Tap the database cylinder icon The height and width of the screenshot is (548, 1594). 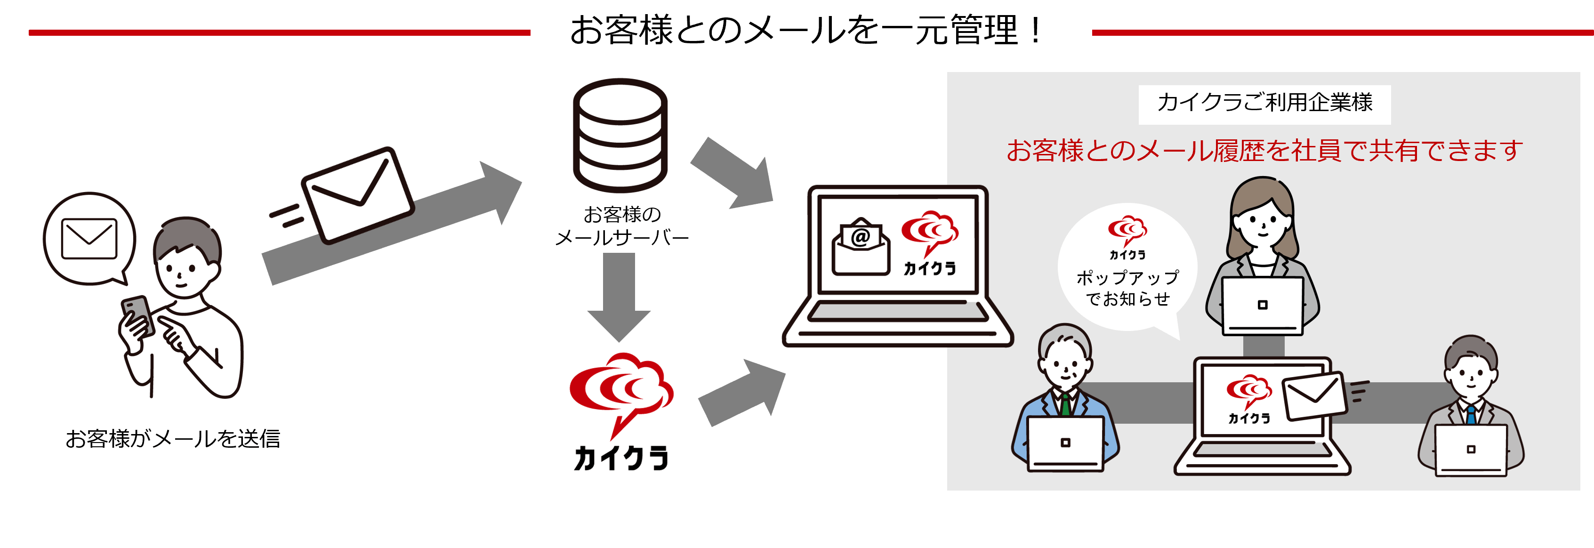coord(620,135)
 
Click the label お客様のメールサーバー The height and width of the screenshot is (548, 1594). coord(621,226)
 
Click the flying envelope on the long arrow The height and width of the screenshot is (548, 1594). coord(358,195)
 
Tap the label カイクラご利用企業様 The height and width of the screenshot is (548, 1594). coord(1264,103)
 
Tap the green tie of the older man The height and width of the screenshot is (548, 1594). coord(1065,405)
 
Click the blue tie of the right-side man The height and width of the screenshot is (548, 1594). coord(1471,414)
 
